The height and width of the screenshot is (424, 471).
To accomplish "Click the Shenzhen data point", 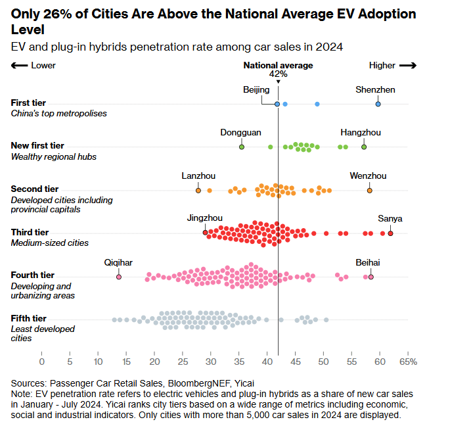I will pyautogui.click(x=378, y=104).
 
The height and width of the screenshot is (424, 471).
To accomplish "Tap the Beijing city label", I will pyautogui.click(x=256, y=89).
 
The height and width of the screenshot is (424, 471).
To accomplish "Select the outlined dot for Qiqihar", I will pyautogui.click(x=119, y=277).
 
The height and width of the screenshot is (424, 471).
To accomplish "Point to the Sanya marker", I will pyautogui.click(x=390, y=233).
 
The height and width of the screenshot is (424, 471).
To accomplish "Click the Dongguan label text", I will pyautogui.click(x=240, y=132).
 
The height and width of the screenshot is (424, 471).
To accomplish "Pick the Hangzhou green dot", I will pyautogui.click(x=364, y=147).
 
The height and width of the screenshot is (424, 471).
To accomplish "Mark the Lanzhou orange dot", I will pyautogui.click(x=198, y=190).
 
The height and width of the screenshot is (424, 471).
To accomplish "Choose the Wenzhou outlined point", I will pyautogui.click(x=369, y=190).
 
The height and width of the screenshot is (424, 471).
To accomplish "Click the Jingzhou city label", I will pyautogui.click(x=204, y=218).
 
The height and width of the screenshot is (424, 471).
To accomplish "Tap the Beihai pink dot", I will pyautogui.click(x=371, y=277).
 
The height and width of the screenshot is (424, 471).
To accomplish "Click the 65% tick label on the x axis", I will pyautogui.click(x=408, y=362).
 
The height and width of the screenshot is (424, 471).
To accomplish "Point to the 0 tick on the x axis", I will pyautogui.click(x=42, y=362).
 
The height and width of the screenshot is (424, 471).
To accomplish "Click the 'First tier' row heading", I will pyautogui.click(x=30, y=103).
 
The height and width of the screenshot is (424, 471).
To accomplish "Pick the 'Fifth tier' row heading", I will pyautogui.click(x=30, y=318).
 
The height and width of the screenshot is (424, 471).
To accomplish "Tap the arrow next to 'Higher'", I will pyautogui.click(x=408, y=65).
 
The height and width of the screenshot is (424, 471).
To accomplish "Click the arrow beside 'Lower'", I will pyautogui.click(x=20, y=65).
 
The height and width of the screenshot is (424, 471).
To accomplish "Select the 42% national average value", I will pyautogui.click(x=278, y=74).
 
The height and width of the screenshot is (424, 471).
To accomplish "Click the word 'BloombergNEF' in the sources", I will pyautogui.click(x=196, y=383).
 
